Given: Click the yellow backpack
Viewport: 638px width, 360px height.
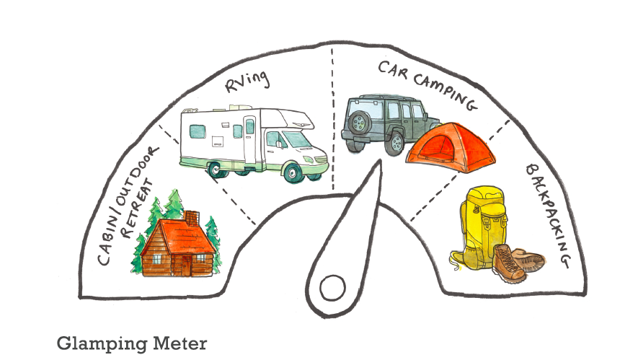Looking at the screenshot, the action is click(482, 224).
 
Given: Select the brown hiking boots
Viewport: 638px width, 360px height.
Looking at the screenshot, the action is click(518, 263).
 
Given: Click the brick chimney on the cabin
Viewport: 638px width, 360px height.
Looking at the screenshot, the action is click(192, 217).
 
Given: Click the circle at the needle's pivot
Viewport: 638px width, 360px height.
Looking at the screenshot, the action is click(332, 287).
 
